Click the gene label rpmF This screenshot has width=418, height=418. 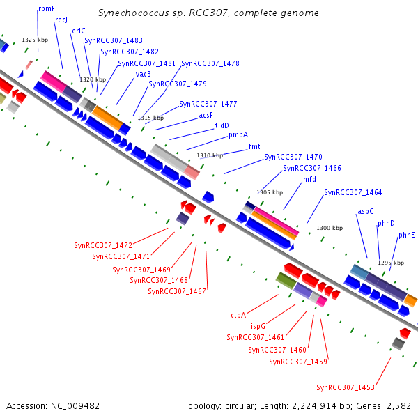(x=47, y=9)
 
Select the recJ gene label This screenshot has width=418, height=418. (x=61, y=20)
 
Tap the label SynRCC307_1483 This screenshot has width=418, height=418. (x=114, y=40)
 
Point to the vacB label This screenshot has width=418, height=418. (x=143, y=74)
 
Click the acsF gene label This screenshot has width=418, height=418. (x=206, y=115)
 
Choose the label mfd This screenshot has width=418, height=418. (x=309, y=179)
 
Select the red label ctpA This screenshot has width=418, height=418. (x=238, y=315)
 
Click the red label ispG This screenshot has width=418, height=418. (x=258, y=326)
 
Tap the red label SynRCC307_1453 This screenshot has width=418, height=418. (x=346, y=387)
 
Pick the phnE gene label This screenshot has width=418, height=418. (x=407, y=235)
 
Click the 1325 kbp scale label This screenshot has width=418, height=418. (x=35, y=40)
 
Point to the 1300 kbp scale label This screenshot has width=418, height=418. (x=330, y=228)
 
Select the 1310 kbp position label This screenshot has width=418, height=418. (x=210, y=155)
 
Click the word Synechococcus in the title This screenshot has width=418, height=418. (x=134, y=13)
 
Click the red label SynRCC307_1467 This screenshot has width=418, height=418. (x=177, y=291)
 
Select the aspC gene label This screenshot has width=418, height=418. (x=366, y=211)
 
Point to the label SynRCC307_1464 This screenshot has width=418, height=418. (x=353, y=192)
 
